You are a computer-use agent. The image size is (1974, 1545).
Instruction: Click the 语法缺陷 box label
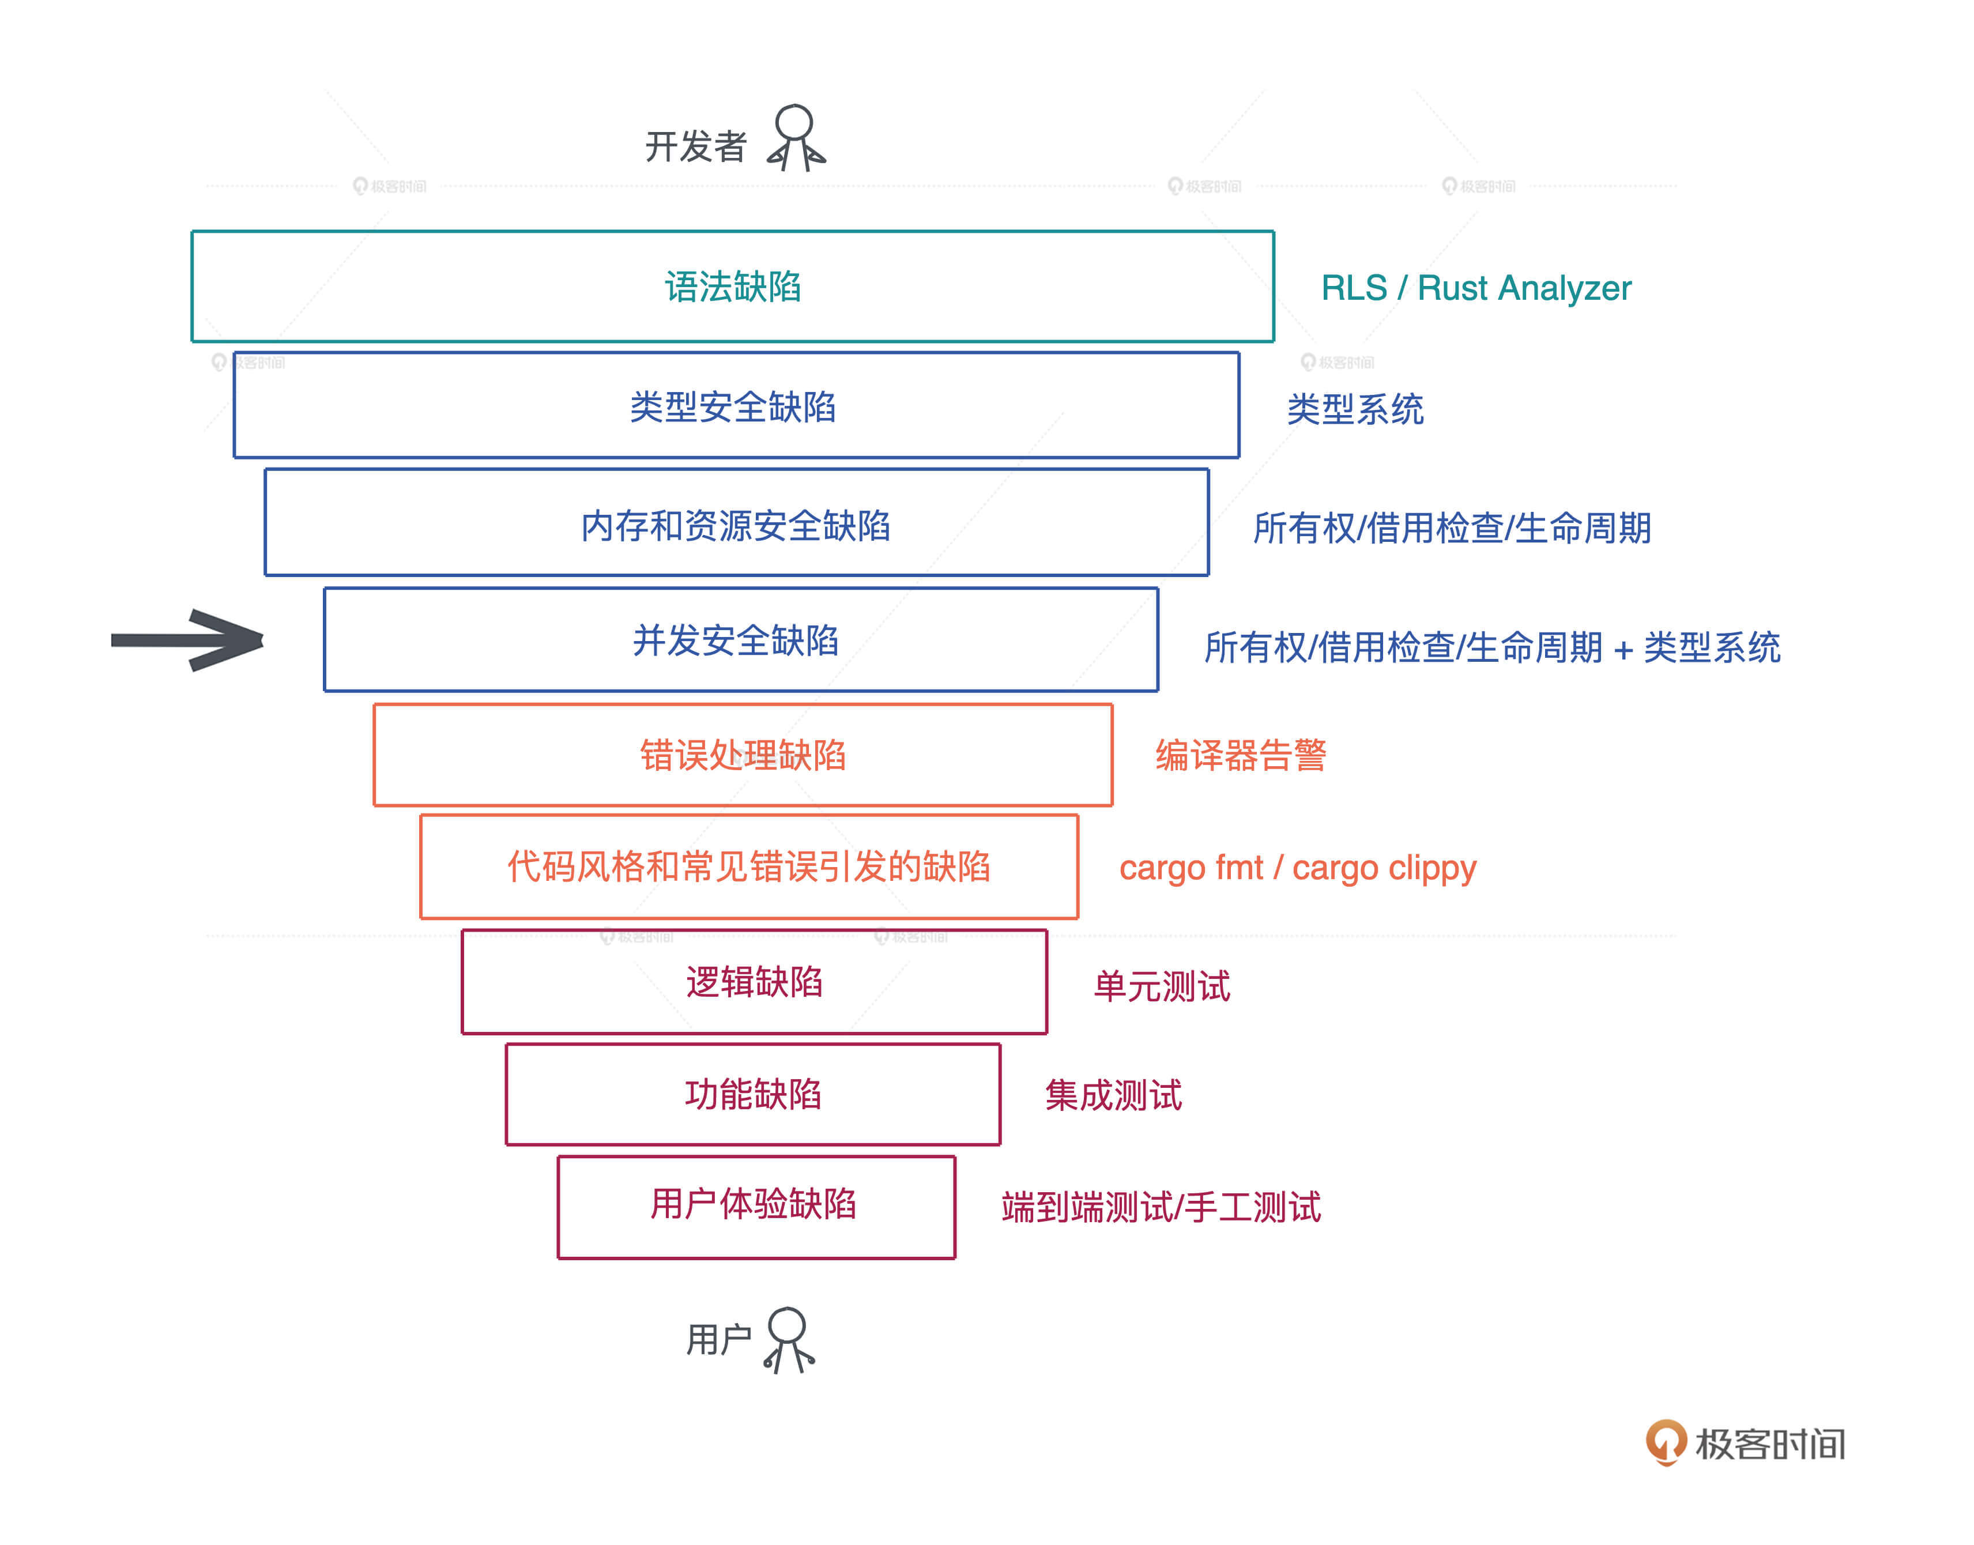[733, 287]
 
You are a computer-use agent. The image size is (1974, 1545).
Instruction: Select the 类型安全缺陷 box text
[733, 407]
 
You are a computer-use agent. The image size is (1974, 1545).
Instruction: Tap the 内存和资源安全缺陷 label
[736, 526]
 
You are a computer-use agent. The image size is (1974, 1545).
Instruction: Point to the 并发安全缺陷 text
[736, 640]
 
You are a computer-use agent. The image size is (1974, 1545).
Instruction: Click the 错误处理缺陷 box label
[743, 755]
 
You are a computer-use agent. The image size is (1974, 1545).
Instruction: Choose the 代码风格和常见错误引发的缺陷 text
[748, 866]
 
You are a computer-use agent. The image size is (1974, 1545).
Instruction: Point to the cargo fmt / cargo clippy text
[1297, 868]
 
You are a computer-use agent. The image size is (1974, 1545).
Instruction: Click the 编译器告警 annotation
[1240, 755]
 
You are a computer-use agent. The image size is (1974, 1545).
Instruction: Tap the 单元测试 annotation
[1162, 986]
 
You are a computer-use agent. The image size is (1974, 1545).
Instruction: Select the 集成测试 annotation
[1113, 1095]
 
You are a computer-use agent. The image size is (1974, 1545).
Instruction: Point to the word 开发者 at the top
[695, 146]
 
